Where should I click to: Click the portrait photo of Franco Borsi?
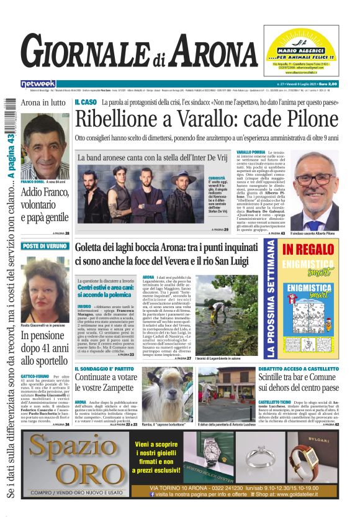point(45,146)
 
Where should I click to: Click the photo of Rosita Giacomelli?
point(45,285)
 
